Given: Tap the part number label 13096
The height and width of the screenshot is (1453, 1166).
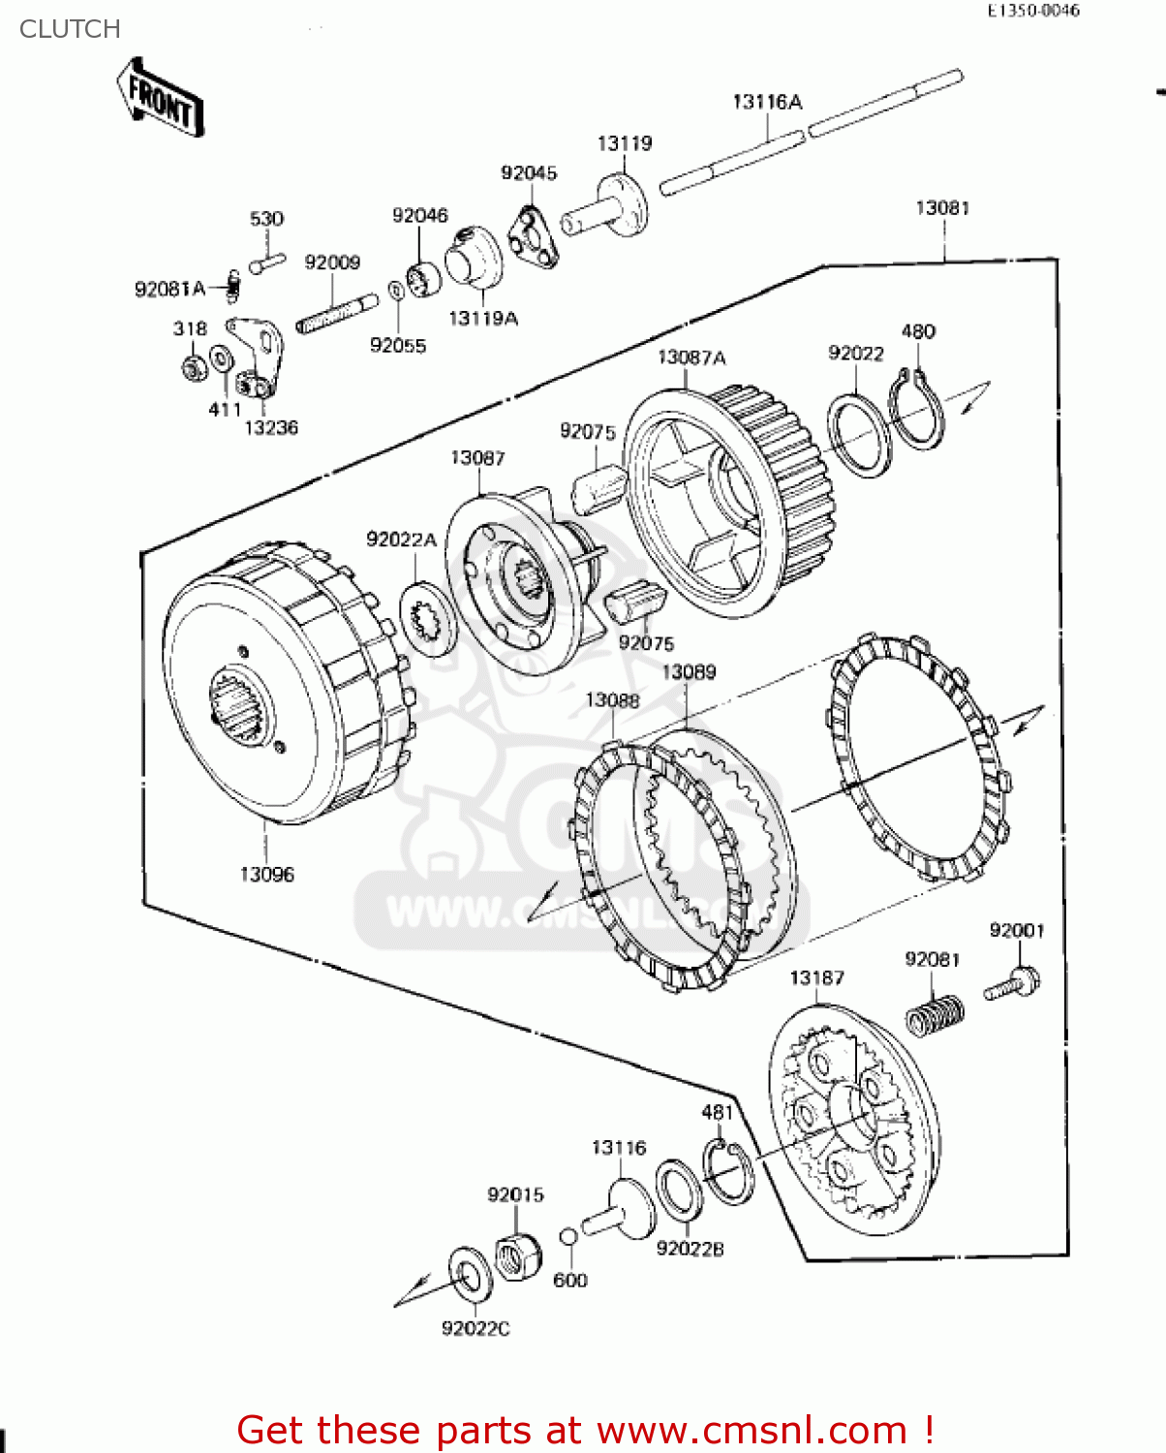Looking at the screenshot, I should point(266,875).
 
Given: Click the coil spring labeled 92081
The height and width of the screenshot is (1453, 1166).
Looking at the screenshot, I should point(935,1016).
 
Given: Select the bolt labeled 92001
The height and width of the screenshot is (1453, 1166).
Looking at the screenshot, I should point(1014,984).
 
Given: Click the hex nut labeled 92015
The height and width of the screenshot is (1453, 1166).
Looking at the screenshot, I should point(517,1255).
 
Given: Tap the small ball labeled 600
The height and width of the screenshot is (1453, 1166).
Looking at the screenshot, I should point(569,1237).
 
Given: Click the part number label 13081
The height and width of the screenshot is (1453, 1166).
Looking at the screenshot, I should point(941,208).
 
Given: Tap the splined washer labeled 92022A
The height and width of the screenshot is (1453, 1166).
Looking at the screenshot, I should point(428,616).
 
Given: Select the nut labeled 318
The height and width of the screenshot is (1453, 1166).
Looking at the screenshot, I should point(192,367).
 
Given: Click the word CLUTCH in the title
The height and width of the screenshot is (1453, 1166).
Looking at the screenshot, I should point(70,29).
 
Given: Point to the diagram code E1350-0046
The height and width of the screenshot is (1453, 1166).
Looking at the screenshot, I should point(1033,11).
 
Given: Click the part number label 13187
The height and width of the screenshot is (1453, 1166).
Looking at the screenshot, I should point(816,978).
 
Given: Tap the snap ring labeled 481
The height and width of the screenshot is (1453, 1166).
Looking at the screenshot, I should point(727,1170).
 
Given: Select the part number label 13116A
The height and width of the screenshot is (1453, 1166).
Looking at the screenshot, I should point(767,102).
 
